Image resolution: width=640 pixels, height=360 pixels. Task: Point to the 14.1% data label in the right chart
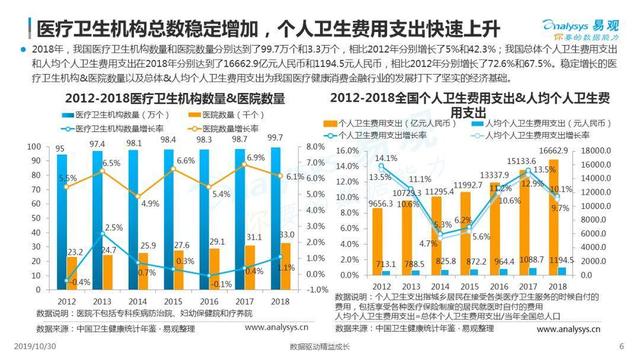pyautogui.click(x=385, y=159)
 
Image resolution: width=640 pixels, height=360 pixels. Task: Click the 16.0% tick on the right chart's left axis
pyautogui.click(x=342, y=148)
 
